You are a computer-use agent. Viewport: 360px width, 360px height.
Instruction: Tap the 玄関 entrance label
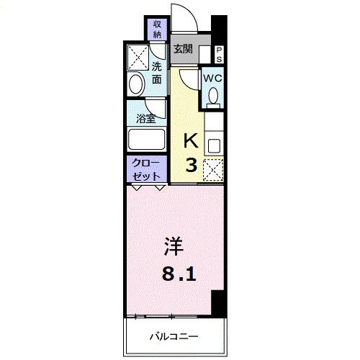click(x=183, y=49)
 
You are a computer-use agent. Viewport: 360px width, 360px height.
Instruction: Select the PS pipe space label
click(x=220, y=54)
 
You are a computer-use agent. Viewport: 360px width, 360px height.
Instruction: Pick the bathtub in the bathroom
click(x=146, y=140)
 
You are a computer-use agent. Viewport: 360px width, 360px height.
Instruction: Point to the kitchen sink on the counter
click(x=213, y=143)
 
